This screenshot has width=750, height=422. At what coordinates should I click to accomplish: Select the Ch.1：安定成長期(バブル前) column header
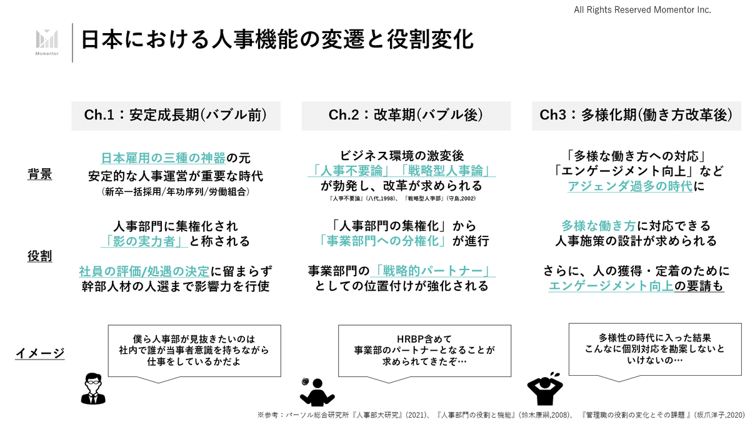pos(176,115)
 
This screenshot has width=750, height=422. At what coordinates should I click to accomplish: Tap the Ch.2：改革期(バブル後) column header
pos(406,115)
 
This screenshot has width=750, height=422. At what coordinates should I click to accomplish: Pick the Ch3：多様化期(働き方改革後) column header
pos(636,115)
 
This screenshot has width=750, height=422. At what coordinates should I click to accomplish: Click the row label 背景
pos(39,174)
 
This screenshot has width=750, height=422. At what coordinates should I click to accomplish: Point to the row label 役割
pos(39,256)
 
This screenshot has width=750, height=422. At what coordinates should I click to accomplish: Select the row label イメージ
pos(39,354)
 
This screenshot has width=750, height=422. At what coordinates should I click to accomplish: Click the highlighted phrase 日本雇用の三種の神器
pos(163,158)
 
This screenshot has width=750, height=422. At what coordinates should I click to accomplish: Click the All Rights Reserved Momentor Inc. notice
pos(642,10)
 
